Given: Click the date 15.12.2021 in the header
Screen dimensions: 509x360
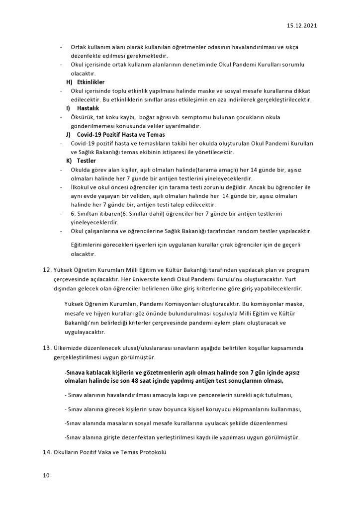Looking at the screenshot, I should point(301,24).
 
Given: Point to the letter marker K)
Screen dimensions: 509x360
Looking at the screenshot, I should point(69,161).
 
